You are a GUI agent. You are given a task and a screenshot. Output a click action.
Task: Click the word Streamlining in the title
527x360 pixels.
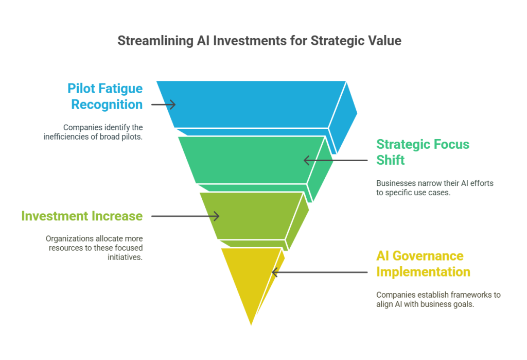[155, 41]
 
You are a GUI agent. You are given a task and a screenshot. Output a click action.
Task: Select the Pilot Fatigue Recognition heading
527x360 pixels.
[105, 96]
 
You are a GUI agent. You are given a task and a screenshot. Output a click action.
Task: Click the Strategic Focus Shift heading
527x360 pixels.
[423, 152]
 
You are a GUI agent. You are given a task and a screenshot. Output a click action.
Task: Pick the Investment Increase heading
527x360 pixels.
[82, 216]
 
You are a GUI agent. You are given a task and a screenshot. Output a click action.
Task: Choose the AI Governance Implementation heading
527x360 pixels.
[423, 264]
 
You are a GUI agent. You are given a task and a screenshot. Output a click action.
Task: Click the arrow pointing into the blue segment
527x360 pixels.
[163, 105]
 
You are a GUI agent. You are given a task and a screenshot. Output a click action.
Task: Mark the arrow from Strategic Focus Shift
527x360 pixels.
[336, 161]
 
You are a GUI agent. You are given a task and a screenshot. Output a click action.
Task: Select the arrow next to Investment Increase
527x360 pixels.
[185, 216]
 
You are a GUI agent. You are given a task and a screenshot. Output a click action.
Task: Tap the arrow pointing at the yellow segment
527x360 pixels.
[319, 272]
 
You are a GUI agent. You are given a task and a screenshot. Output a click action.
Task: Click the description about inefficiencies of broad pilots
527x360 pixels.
[93, 132]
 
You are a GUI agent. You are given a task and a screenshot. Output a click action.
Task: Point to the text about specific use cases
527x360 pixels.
[434, 188]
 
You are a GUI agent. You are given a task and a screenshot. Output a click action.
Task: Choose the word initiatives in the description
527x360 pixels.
[125, 258]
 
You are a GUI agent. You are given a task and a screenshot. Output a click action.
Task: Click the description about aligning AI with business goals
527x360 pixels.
[438, 299]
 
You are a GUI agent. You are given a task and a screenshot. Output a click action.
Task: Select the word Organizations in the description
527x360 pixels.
[70, 239]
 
